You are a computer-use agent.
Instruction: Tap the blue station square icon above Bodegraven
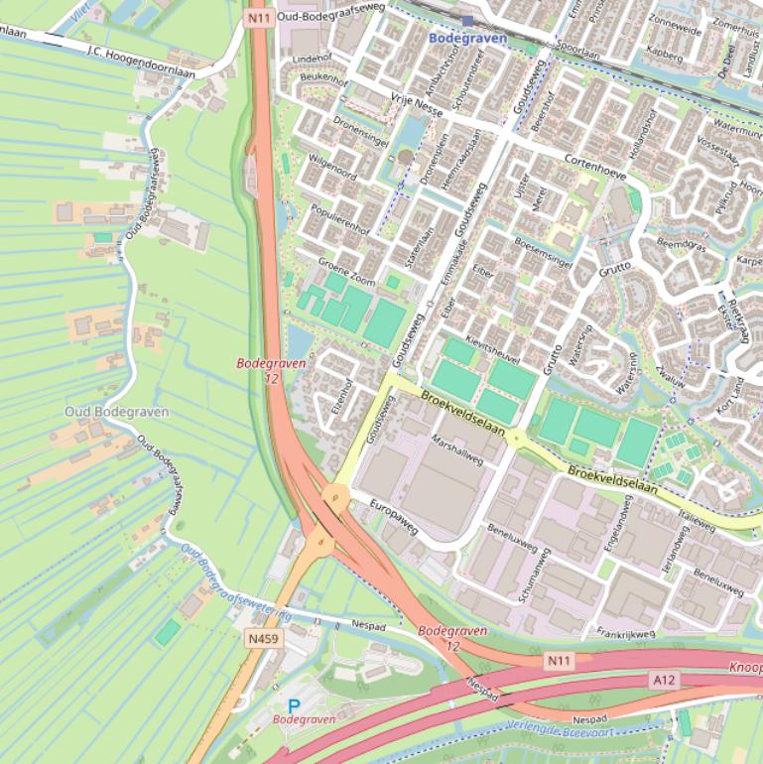[x=467, y=20]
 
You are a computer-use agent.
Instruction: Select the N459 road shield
[x=263, y=639]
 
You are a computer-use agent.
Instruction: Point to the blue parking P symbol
[x=294, y=705]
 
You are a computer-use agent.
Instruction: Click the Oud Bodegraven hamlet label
[x=116, y=412]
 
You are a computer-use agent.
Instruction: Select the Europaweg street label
[x=395, y=519]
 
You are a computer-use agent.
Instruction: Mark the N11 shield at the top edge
[x=260, y=16]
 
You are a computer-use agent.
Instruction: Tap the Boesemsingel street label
[x=543, y=252]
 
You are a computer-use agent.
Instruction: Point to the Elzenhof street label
[x=344, y=395]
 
